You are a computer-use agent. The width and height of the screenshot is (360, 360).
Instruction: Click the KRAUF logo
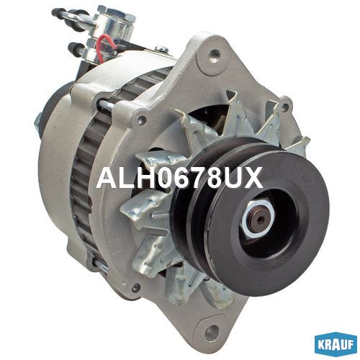pos(335,345)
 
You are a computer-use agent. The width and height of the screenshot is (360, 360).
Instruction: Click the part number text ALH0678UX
pos(179,178)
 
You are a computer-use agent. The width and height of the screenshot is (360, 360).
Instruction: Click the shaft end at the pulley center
pos(260,219)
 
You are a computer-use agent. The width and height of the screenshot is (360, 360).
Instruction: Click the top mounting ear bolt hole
pos(215,55)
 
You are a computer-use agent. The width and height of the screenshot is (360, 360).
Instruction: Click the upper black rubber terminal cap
pos(58,12)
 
